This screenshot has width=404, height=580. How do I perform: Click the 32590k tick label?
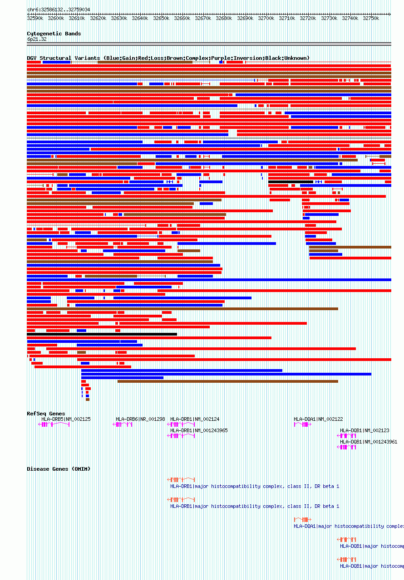pyautogui.click(x=35, y=18)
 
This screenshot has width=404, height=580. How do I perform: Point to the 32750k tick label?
pyautogui.click(x=370, y=18)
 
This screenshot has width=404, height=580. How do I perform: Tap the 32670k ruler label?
pyautogui.click(x=203, y=18)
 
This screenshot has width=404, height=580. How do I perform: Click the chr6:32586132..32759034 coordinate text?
pyautogui.click(x=59, y=10)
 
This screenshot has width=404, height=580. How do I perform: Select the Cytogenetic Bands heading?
pyautogui.click(x=54, y=34)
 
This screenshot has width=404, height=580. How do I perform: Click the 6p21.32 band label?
pyautogui.click(x=37, y=39)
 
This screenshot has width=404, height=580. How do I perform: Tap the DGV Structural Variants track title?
pyautogui.click(x=168, y=58)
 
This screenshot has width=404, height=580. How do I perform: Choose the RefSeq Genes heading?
pyautogui.click(x=46, y=414)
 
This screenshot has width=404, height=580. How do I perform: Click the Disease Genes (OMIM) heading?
pyautogui.click(x=59, y=469)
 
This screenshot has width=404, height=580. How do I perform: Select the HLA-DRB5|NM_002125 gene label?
pyautogui.click(x=66, y=419)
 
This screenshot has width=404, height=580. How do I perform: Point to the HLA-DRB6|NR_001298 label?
pyautogui.click(x=140, y=419)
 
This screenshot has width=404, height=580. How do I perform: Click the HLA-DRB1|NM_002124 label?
pyautogui.click(x=195, y=419)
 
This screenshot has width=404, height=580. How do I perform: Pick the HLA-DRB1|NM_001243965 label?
pyautogui.click(x=199, y=430)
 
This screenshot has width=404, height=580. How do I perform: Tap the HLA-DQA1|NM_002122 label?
pyautogui.click(x=318, y=419)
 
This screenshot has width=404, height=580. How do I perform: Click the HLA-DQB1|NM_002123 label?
pyautogui.click(x=365, y=430)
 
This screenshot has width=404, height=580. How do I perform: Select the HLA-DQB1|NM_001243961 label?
pyautogui.click(x=369, y=442)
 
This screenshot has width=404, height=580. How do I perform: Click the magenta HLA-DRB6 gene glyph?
pyautogui.click(x=123, y=424)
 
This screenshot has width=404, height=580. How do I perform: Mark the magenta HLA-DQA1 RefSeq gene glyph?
pyautogui.click(x=302, y=424)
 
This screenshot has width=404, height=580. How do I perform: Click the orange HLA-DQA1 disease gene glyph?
pyautogui.click(x=302, y=519)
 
